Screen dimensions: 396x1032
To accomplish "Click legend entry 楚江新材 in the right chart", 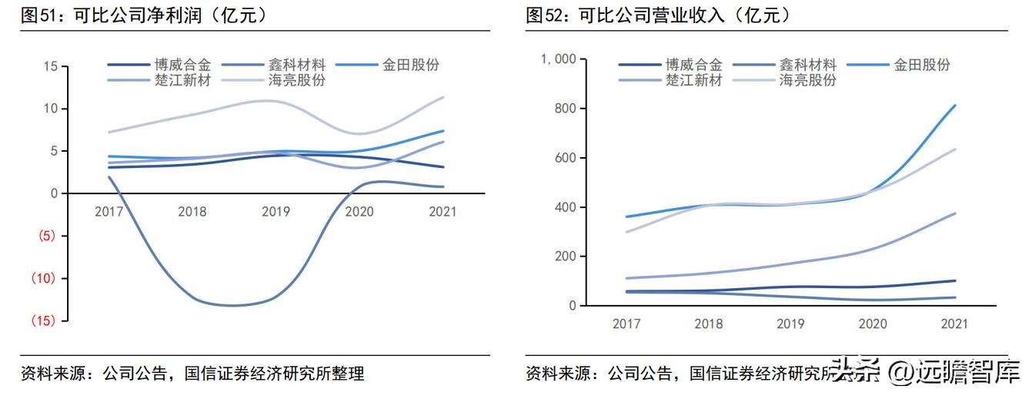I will tap(693, 79).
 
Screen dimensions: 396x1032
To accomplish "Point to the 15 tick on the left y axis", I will tap(50, 66).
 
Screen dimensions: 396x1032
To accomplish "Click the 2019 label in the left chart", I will tap(276, 211).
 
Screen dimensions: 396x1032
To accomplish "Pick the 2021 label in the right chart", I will tap(955, 324).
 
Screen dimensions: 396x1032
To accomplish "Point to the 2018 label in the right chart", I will tap(709, 324).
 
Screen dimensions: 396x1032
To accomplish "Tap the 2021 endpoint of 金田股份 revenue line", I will tap(955, 106).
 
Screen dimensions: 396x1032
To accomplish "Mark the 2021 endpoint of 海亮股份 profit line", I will tap(443, 97).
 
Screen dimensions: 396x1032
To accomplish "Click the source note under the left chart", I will tap(192, 374).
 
